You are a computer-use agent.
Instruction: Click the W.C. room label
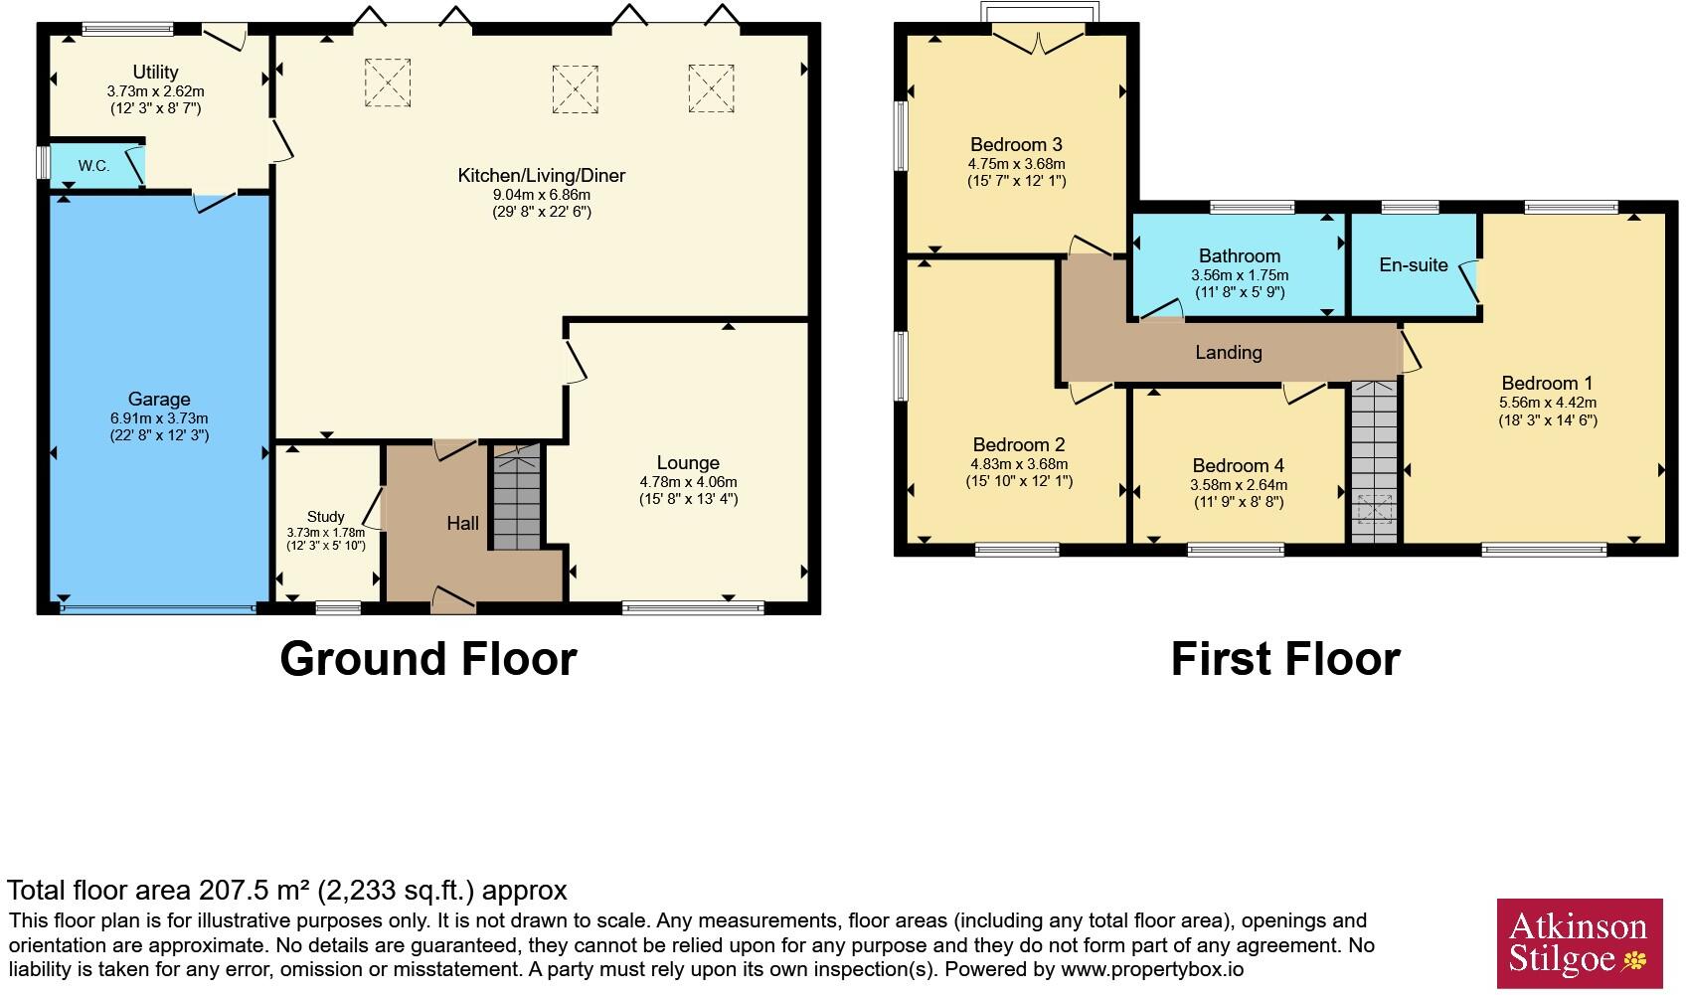click(94, 166)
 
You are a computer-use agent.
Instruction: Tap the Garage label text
click(159, 399)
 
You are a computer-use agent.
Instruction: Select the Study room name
click(326, 516)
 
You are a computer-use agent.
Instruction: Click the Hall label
click(463, 523)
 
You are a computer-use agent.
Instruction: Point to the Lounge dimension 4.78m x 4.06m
click(689, 482)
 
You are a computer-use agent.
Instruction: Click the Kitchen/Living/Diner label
click(542, 175)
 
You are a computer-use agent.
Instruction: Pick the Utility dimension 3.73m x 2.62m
click(156, 91)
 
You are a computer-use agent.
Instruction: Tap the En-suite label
click(1414, 265)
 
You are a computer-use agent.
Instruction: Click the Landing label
click(1229, 352)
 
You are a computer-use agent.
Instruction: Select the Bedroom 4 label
click(1239, 465)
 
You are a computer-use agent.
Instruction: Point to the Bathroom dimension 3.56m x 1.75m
click(1240, 275)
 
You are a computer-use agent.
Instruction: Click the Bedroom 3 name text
click(1016, 144)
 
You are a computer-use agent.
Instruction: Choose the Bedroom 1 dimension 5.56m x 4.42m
click(1548, 403)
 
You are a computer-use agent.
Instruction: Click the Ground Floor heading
click(428, 659)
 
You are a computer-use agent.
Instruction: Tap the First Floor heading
click(1285, 659)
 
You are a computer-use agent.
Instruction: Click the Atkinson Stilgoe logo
click(1579, 943)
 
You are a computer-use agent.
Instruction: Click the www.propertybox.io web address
click(1152, 969)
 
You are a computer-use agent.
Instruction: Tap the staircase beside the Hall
click(517, 497)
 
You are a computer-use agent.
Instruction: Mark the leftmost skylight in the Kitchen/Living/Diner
click(388, 83)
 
